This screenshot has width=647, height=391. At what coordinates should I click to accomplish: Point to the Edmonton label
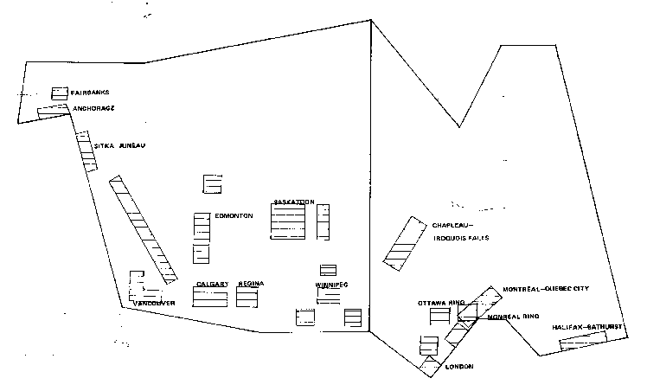click(234, 215)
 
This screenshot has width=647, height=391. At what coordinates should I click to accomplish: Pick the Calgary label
click(212, 284)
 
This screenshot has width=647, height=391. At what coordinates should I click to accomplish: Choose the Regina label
click(251, 284)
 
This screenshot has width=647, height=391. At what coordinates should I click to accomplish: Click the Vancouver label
click(156, 303)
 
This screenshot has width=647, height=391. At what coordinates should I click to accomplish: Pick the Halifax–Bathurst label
click(587, 329)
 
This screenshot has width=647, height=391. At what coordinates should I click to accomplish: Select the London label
click(458, 367)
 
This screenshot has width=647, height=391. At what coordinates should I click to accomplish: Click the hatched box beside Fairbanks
click(59, 92)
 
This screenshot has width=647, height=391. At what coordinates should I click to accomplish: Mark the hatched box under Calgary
click(209, 297)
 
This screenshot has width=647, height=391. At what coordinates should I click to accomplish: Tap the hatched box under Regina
click(248, 297)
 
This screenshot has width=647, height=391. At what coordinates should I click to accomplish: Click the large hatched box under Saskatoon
click(289, 221)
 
